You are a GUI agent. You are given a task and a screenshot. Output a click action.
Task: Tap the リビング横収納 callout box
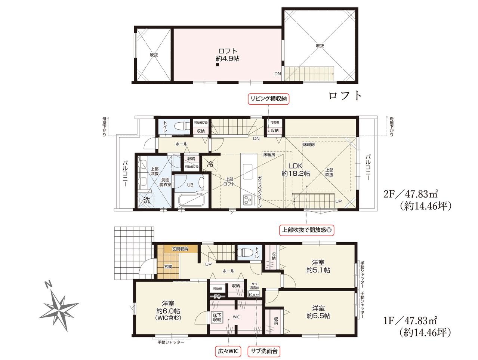pos(268,99)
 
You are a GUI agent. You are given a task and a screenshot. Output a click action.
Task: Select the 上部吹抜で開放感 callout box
pos(306,230)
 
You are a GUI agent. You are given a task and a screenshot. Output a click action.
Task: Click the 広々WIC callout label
pos(228,351)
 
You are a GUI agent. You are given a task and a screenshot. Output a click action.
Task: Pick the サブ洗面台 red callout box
pos(264,351)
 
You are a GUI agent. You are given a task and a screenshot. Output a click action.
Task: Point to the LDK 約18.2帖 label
pos(296,169)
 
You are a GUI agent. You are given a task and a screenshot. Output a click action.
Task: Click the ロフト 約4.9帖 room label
pos(228,55)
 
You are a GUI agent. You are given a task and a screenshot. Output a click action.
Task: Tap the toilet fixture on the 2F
pos(182,126)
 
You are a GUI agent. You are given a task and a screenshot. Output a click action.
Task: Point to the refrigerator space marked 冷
pos(210,164)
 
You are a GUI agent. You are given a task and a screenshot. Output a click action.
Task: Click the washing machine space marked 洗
pos(147,200)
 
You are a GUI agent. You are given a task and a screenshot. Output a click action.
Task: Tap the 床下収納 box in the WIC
pos(218,317)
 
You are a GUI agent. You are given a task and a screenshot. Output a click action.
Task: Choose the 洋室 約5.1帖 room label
pos(318,266)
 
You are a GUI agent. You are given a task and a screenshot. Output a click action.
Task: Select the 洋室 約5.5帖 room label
pos(318,312)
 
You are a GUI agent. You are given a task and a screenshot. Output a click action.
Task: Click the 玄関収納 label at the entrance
pos(180,249)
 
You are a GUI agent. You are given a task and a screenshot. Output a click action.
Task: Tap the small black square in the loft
pos(218,64)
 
